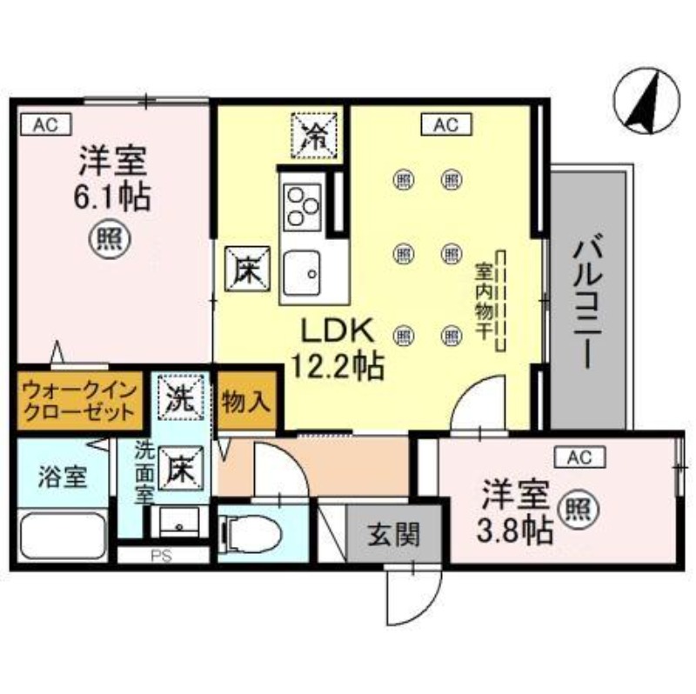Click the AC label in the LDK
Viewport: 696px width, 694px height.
pos(445,125)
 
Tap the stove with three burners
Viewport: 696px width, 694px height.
pos(302,206)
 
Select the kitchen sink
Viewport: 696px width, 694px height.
pos(302,273)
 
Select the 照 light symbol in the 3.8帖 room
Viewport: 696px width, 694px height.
pos(572,507)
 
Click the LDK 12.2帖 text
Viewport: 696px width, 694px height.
pos(333,348)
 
